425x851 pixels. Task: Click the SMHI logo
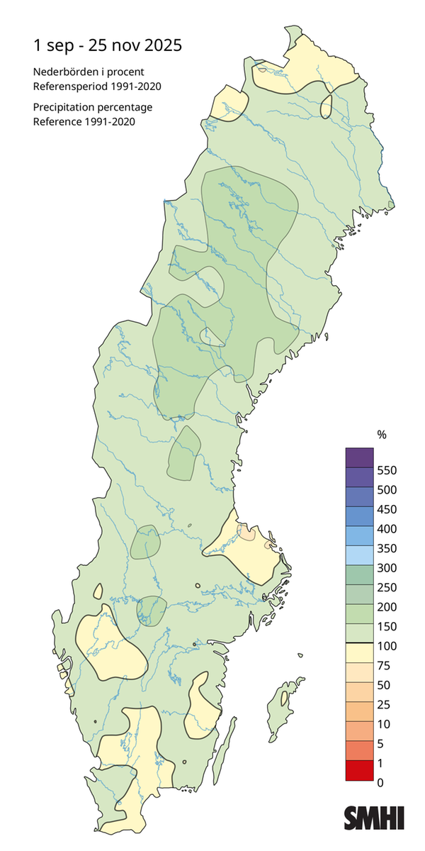click(374, 817)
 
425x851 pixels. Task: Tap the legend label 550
click(387, 470)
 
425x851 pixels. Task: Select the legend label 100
click(387, 646)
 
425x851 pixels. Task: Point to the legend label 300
click(387, 568)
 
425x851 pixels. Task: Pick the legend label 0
click(381, 782)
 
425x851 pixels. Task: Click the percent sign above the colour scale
click(381, 435)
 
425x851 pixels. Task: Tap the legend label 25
click(384, 705)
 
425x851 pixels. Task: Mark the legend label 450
click(387, 509)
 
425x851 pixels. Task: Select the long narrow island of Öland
click(225, 752)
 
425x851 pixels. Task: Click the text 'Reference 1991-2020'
click(84, 121)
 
